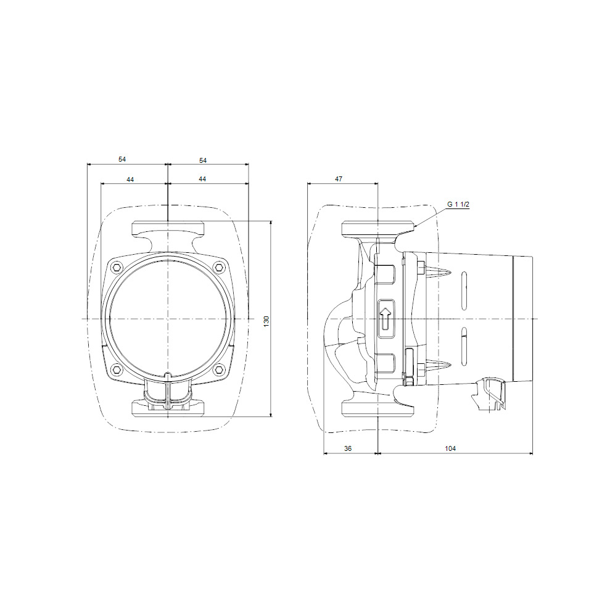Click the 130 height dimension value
[x=266, y=321]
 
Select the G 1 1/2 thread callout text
[x=459, y=204]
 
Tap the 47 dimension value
[x=339, y=178]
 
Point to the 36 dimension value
[x=348, y=448]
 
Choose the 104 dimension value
[x=450, y=448]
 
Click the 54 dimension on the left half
[x=122, y=159]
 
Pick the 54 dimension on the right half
[x=203, y=160]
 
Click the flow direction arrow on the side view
[x=386, y=318]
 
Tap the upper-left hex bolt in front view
[x=116, y=267]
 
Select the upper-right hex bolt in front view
[x=219, y=267]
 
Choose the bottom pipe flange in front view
[x=168, y=408]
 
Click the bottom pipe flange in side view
[x=377, y=408]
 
